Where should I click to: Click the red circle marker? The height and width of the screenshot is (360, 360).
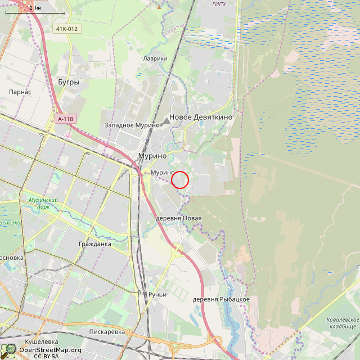click(179, 179)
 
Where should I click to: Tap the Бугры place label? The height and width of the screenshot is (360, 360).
click(69, 82)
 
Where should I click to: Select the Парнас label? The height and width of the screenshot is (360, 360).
click(20, 92)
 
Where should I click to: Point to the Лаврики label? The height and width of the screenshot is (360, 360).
click(155, 58)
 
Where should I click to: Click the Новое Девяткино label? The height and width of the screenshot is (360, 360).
click(201, 117)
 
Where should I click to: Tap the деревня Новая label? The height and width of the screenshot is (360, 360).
click(178, 218)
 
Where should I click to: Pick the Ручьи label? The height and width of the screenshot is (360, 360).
click(158, 295)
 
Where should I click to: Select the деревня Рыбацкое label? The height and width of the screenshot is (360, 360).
click(221, 299)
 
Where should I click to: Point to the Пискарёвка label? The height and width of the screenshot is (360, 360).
click(107, 332)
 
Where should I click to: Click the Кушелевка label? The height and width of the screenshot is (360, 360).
click(42, 341)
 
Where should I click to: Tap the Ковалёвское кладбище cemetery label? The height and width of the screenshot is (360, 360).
click(341, 323)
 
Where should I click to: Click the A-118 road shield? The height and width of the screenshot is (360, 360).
click(65, 119)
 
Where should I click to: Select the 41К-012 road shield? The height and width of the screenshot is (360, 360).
click(66, 29)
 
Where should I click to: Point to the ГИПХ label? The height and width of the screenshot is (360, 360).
click(219, 4)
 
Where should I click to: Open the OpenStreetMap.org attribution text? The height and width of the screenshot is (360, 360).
click(50, 350)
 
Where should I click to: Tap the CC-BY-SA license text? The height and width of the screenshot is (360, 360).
click(46, 357)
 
